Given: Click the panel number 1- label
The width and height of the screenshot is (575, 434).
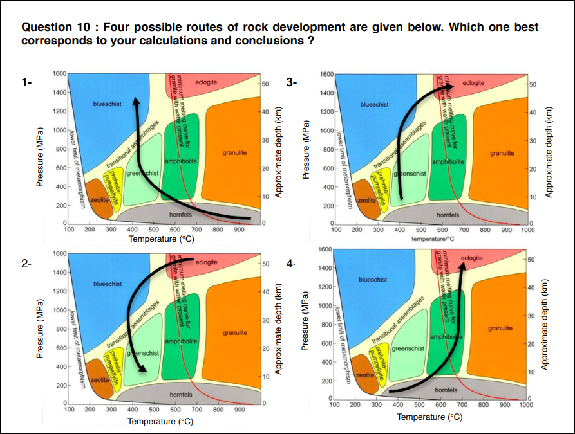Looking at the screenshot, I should tap(26, 82).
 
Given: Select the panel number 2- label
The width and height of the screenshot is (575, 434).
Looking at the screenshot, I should tap(26, 264).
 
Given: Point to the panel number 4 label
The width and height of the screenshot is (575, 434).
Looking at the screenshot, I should tap(292, 264).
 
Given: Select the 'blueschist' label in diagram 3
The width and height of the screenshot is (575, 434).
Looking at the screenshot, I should tap(374, 104).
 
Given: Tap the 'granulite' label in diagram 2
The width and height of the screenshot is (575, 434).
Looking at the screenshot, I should tap(235, 333).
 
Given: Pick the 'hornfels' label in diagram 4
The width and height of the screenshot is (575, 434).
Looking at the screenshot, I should tap(447, 390).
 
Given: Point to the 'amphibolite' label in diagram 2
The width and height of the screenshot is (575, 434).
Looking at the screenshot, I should tap(182, 340).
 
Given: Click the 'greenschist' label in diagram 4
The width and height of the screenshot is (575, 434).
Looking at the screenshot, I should tap(408, 348).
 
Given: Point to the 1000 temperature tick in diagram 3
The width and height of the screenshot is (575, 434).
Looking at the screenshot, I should tap(528, 229).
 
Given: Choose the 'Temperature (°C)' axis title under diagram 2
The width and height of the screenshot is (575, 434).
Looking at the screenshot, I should tap(160, 421).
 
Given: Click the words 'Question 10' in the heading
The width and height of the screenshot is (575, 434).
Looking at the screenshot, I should tap(57, 28).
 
